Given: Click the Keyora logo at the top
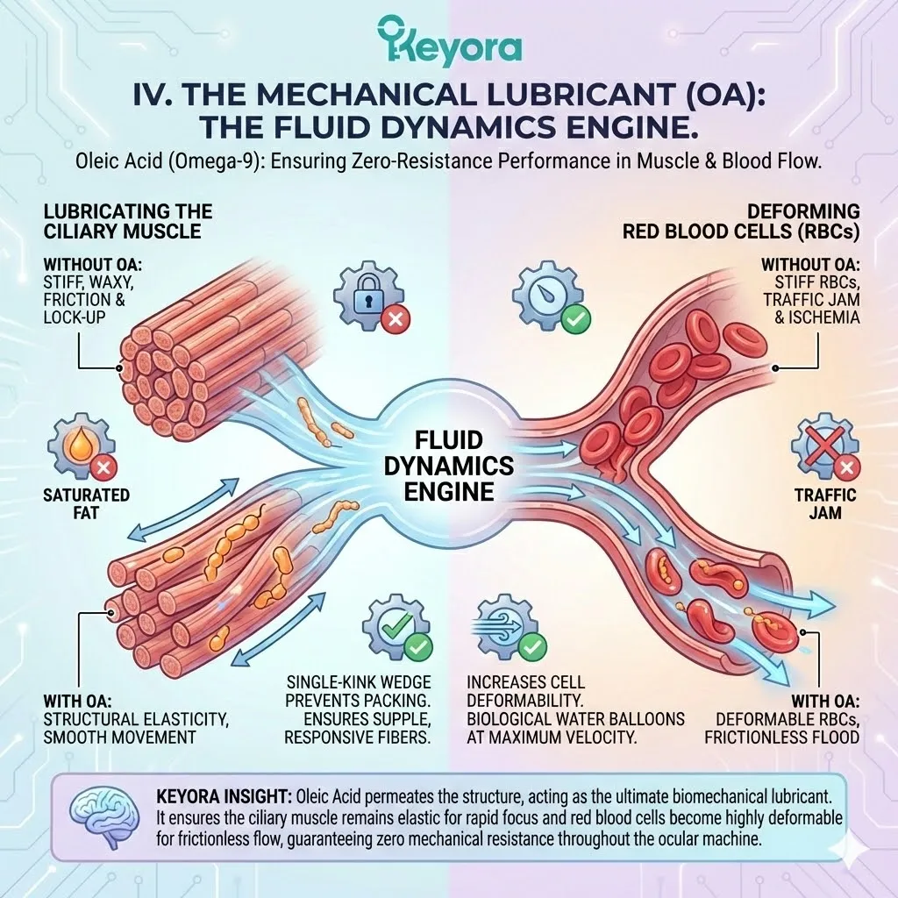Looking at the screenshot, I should (x=449, y=41).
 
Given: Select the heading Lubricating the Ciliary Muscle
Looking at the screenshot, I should (x=128, y=221).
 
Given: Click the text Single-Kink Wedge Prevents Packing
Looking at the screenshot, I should (x=360, y=690).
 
